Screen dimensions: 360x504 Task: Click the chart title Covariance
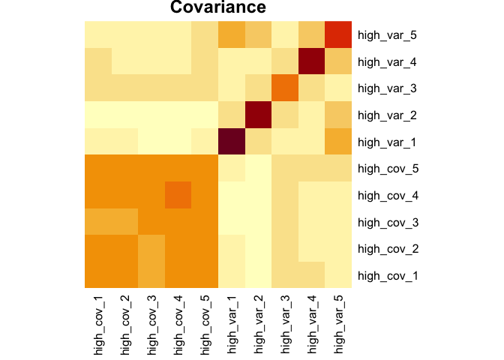pyautogui.click(x=217, y=8)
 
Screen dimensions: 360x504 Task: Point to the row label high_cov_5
pyautogui.click(x=387, y=168)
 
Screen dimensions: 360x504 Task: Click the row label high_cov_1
pyautogui.click(x=387, y=275)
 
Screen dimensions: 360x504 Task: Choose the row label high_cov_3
pyautogui.click(x=387, y=222)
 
